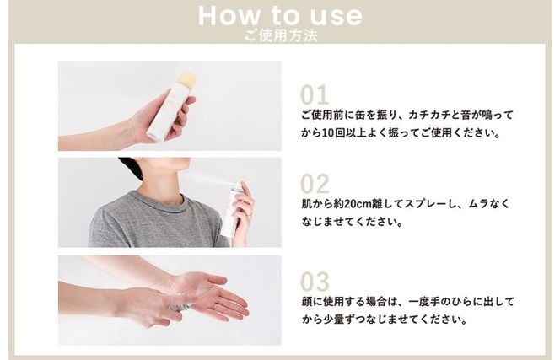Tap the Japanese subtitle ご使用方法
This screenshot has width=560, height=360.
[280, 35]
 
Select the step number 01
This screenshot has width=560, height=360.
[314, 94]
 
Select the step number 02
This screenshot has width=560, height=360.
[314, 184]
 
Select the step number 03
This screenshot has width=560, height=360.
[314, 282]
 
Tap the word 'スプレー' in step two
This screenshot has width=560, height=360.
[428, 204]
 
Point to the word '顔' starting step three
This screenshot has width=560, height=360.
[305, 301]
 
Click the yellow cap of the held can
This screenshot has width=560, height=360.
[186, 79]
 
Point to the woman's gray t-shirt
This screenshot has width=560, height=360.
[152, 223]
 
